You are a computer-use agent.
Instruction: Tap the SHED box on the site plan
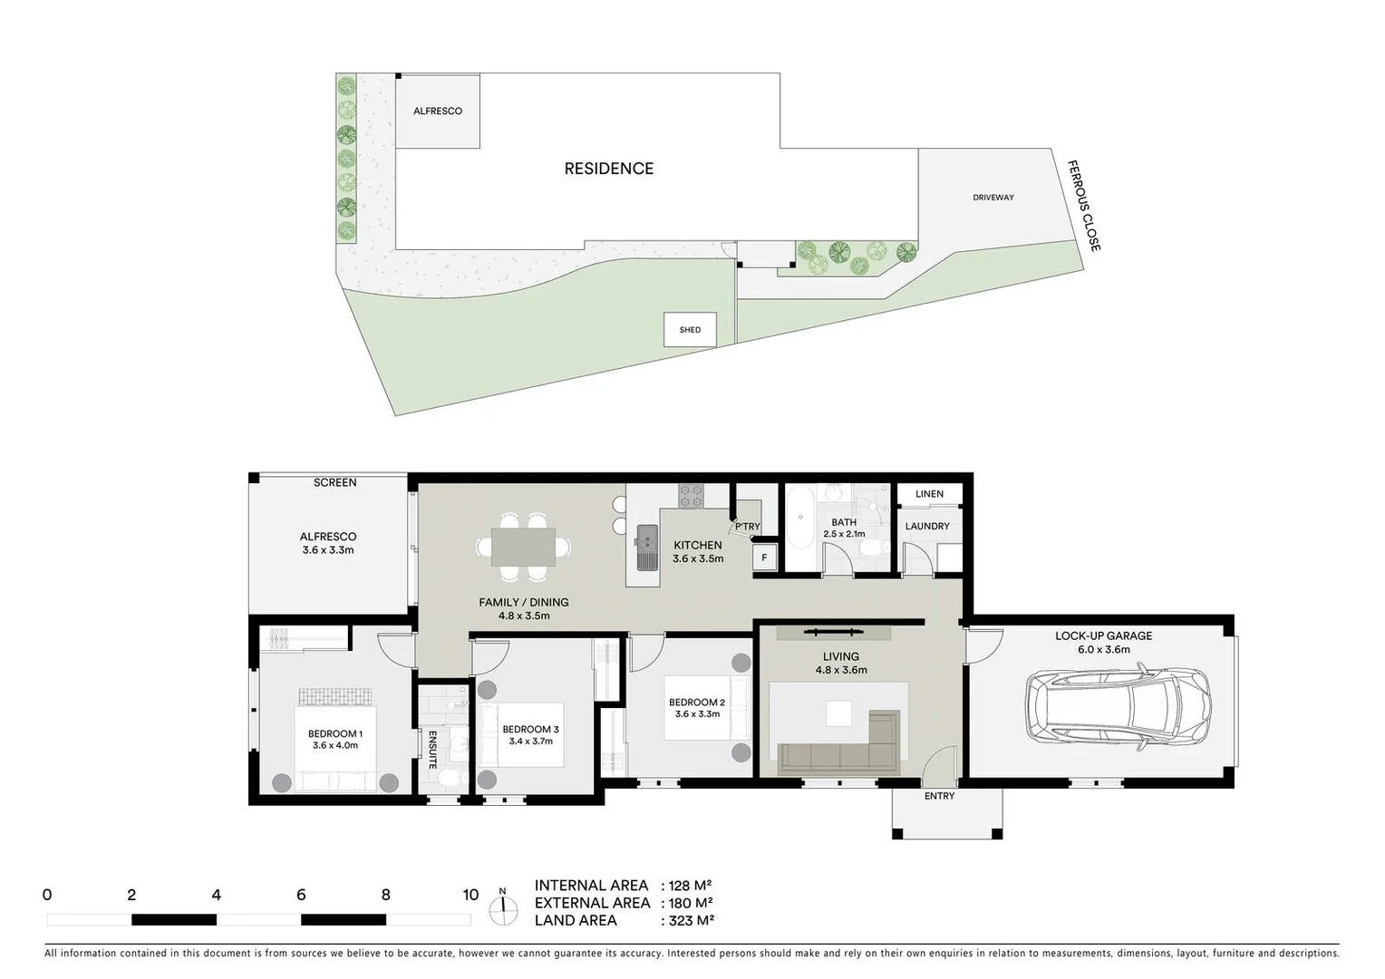[x=690, y=330]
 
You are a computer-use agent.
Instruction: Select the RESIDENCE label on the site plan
[x=608, y=169]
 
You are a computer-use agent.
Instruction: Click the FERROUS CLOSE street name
[x=1083, y=206]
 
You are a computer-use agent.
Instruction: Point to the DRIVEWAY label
[x=993, y=198]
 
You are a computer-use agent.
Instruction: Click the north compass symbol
[x=502, y=906]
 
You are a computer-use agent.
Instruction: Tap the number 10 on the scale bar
[x=470, y=895]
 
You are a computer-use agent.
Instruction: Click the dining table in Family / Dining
[x=524, y=547]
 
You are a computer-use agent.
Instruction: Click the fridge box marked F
[x=764, y=558]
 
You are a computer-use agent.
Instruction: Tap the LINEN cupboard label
[x=929, y=494]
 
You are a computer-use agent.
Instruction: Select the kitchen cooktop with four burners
[x=691, y=495]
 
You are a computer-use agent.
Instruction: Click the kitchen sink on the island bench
[x=647, y=548]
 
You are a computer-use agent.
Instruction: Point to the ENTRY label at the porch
[x=939, y=796]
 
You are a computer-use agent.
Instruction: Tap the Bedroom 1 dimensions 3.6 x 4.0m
[x=335, y=746]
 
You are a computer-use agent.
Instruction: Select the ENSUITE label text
[x=433, y=750]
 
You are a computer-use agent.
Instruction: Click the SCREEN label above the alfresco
[x=334, y=483]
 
